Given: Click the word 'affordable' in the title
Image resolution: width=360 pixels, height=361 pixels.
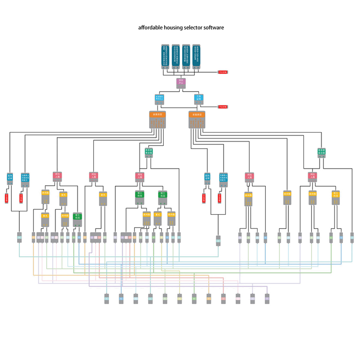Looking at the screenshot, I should click(150, 27).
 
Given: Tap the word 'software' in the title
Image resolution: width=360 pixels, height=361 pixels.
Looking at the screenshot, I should click(213, 27).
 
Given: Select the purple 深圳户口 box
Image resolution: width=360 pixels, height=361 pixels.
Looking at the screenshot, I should click(181, 82).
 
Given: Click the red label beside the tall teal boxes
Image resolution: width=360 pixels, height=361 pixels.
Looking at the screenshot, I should click(223, 72).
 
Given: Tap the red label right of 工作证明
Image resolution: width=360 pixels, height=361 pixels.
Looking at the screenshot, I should click(223, 107).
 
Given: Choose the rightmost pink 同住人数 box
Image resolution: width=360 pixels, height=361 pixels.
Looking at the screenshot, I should click(312, 177).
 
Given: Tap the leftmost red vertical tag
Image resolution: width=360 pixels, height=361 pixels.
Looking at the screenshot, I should click(7, 198).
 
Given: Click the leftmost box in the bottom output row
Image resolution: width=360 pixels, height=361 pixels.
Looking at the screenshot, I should click(107, 298).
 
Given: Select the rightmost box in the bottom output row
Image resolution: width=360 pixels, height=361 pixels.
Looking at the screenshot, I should click(267, 298).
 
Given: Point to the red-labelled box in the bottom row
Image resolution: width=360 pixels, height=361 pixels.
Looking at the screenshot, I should click(223, 298).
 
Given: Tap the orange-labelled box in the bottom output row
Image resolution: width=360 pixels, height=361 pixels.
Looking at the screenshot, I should click(209, 298).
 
